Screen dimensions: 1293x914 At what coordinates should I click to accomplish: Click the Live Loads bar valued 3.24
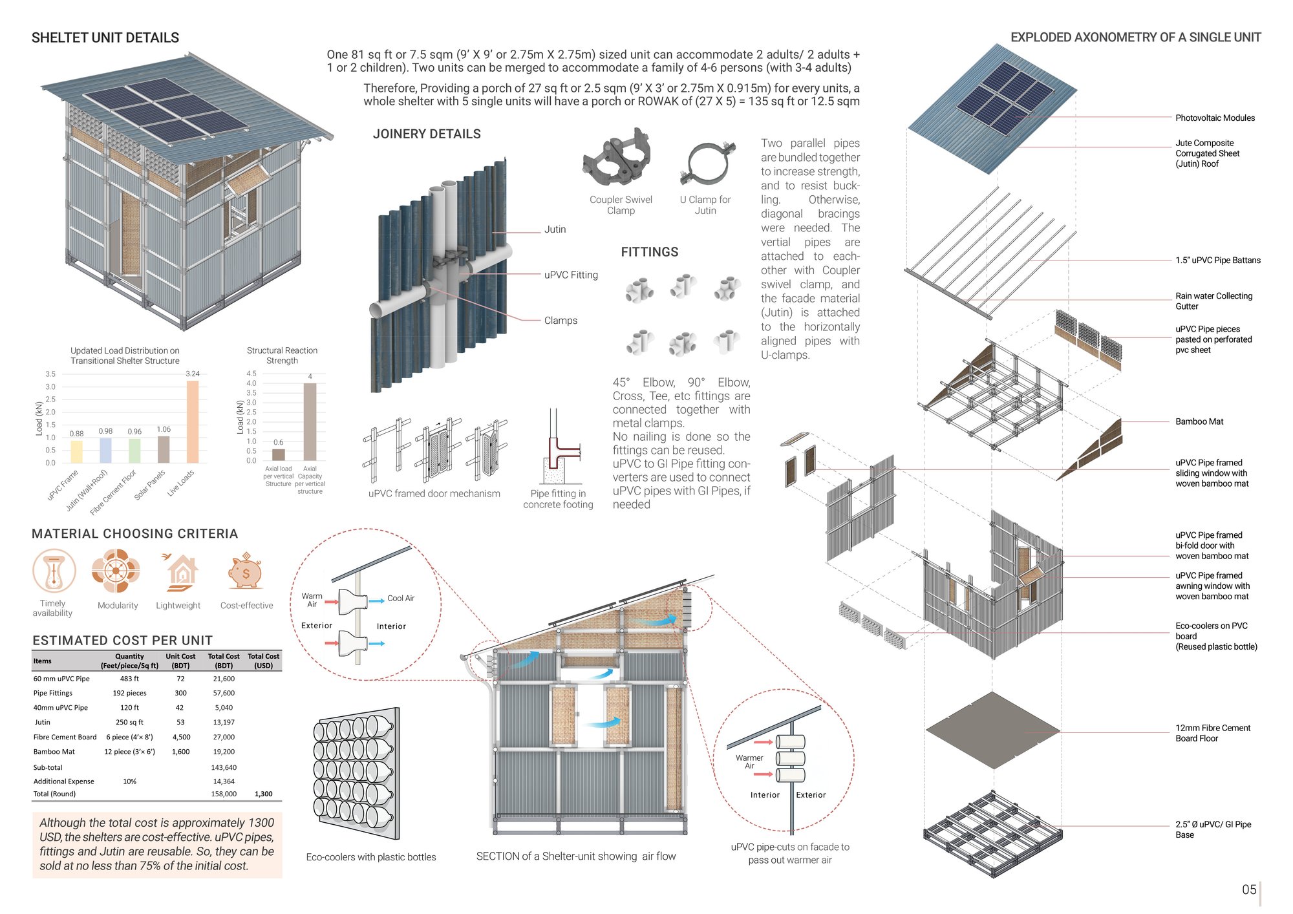[x=193, y=421]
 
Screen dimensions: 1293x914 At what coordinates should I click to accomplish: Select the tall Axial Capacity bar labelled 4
[x=310, y=421]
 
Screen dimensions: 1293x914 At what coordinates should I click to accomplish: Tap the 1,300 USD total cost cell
[x=264, y=794]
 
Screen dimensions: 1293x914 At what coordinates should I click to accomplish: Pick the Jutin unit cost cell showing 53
[x=180, y=722]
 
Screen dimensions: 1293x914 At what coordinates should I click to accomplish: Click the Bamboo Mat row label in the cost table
[x=54, y=752]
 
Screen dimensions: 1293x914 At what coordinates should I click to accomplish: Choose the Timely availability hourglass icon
[x=54, y=571]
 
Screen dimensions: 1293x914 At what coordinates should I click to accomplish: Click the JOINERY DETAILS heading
[x=427, y=134]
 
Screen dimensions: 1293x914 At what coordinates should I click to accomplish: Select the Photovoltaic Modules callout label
[x=1215, y=118]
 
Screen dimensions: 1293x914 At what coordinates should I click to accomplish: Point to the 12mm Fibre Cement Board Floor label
[x=1213, y=733]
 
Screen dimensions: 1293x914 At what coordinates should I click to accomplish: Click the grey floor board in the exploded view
[x=993, y=730]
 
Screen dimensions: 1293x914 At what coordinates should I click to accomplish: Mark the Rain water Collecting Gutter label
[x=1213, y=301]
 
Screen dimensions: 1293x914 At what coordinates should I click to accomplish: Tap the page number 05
[x=1249, y=889]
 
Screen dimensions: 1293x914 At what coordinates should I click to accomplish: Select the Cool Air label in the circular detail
[x=401, y=599]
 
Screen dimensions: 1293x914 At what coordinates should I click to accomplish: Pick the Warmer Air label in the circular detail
[x=749, y=761]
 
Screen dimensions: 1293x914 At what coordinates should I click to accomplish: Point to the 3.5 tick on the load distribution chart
[x=50, y=374]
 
